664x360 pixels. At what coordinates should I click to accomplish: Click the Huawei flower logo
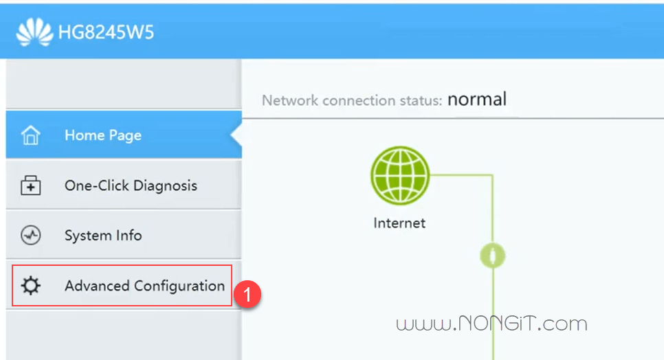click(35, 32)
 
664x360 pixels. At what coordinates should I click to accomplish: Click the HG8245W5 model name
click(106, 32)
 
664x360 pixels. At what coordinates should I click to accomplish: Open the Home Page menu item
click(103, 135)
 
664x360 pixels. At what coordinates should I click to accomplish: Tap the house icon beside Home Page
click(30, 135)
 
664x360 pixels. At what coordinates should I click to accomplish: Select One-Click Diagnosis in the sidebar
click(131, 185)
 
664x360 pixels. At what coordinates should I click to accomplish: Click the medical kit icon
click(30, 185)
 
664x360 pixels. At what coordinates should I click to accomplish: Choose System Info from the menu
click(103, 235)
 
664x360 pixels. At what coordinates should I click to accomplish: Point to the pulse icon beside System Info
click(30, 235)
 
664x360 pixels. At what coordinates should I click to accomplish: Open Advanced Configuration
click(144, 286)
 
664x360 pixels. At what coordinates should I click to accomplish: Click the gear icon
click(30, 286)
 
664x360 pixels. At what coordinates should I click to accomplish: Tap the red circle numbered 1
click(247, 294)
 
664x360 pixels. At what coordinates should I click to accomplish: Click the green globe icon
click(400, 175)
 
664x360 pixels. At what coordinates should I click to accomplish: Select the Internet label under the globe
click(399, 223)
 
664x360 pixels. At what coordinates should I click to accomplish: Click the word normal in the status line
click(477, 100)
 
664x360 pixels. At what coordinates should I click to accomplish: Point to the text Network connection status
click(352, 100)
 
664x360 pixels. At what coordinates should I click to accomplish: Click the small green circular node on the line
click(492, 256)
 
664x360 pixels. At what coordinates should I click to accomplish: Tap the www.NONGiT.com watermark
click(491, 324)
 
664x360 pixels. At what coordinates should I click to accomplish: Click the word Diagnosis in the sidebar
click(165, 185)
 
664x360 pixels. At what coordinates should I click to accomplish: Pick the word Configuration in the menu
click(179, 286)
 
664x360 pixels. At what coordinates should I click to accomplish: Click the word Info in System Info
click(129, 235)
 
